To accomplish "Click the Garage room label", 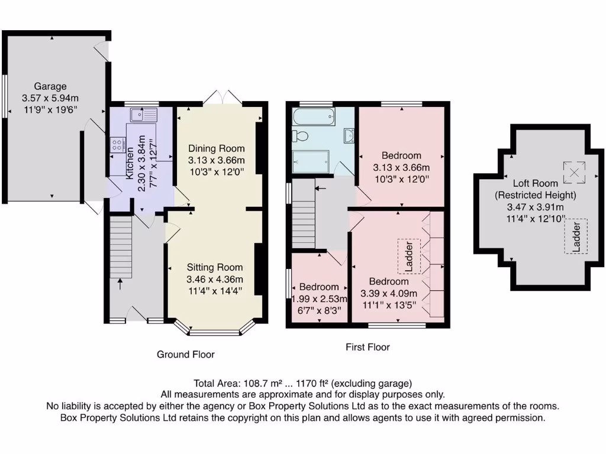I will [x=50, y=86].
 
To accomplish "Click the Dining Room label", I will [x=216, y=148].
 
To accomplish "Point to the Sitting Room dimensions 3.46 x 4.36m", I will [x=215, y=279].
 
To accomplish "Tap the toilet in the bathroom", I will [x=300, y=137].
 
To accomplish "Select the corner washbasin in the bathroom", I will [x=349, y=136].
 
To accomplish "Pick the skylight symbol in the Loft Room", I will [x=573, y=173].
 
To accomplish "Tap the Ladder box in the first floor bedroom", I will [x=408, y=256].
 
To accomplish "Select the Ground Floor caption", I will [x=185, y=355].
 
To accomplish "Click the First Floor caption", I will [x=368, y=347].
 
